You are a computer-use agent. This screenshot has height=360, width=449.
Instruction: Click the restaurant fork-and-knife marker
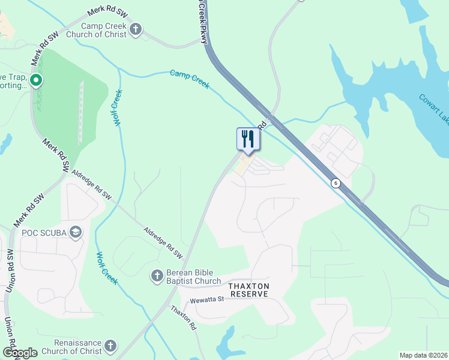pos(248,140)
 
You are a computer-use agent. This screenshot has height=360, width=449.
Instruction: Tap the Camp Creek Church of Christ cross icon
pos(136,29)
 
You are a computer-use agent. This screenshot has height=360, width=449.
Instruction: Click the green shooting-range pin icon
pos(36,80)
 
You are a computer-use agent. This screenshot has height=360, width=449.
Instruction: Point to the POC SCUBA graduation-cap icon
pos(76,232)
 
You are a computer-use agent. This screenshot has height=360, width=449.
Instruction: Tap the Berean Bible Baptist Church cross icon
pos(157,276)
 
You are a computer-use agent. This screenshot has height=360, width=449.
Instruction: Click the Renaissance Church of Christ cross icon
pos(110,345)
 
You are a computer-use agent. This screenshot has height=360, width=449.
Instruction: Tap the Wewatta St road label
pos(206,299)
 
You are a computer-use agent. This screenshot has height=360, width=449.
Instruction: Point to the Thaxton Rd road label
pos(184,319)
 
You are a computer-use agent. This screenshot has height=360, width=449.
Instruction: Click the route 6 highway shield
pos(336,183)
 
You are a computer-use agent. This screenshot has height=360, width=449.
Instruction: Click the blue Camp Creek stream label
pos(190,79)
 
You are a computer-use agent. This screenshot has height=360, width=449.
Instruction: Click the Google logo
pos(20,353)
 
